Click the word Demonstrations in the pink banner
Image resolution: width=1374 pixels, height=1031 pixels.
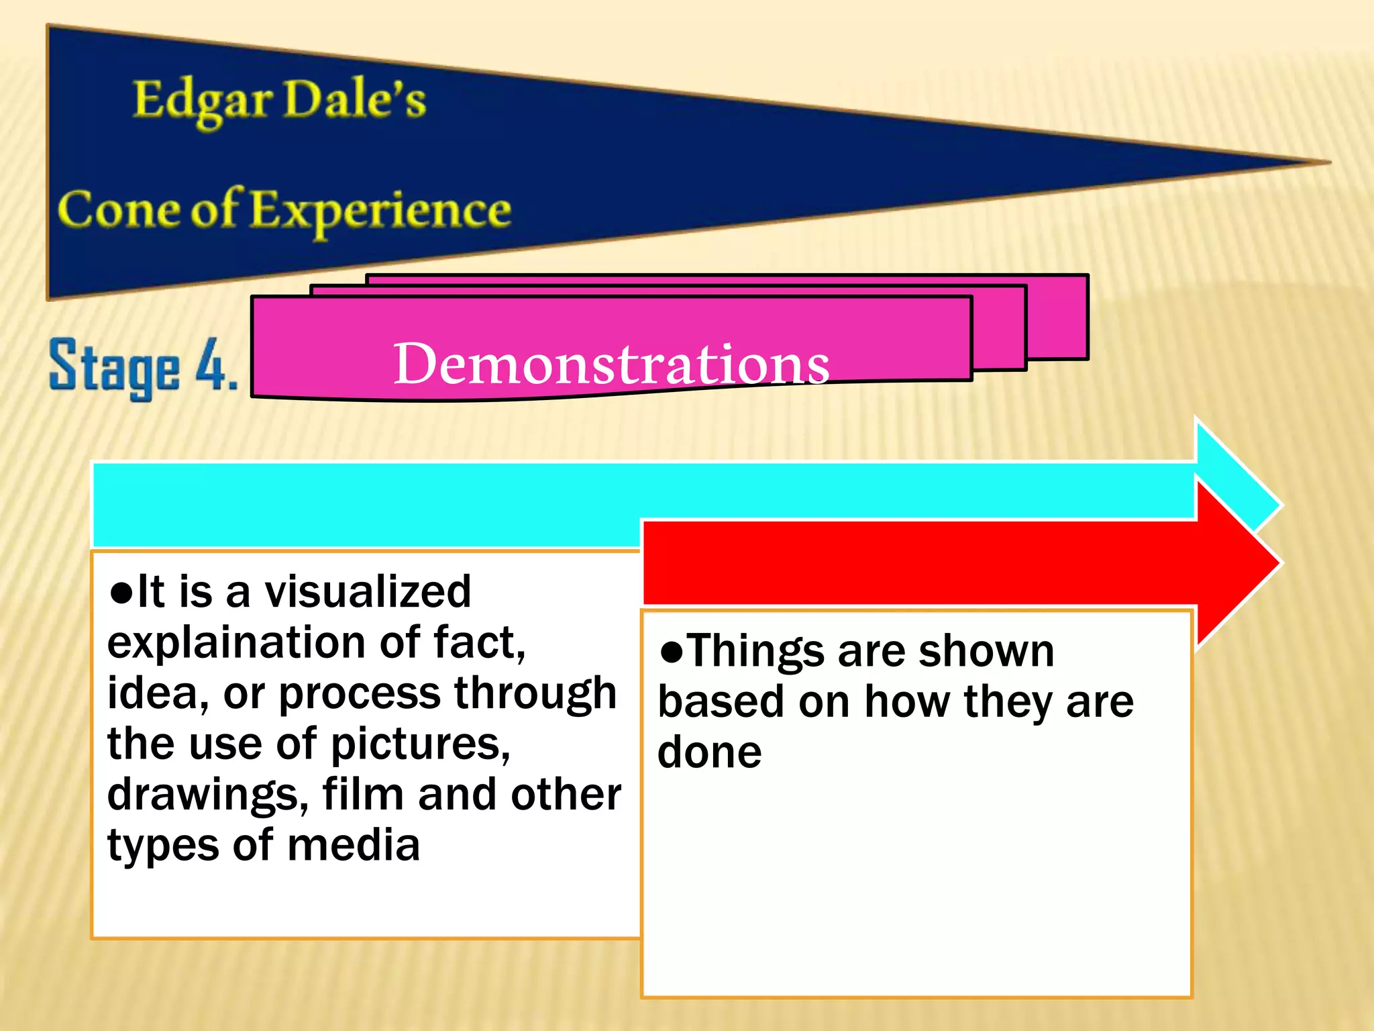tap(611, 364)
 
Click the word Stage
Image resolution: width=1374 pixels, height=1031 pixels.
tap(115, 368)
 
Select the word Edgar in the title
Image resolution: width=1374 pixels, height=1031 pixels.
tap(202, 101)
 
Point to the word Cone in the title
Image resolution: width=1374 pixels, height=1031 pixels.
tap(118, 210)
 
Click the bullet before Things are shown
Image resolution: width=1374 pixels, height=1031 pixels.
tap(671, 651)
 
